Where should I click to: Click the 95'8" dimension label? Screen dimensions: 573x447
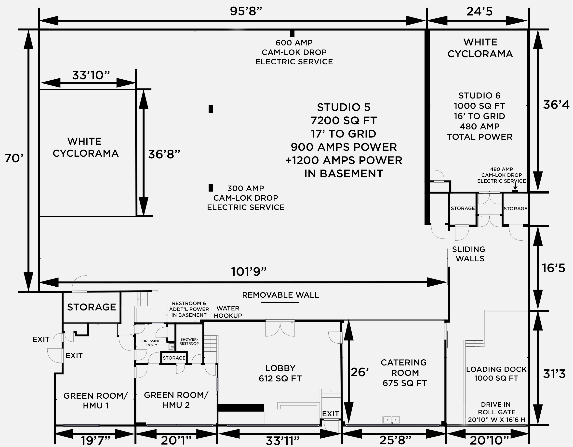pos(246,11)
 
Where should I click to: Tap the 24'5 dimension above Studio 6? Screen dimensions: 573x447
pos(479,12)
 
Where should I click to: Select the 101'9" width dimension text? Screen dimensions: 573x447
pos(249,272)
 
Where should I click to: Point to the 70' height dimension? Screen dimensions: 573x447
pos(14,158)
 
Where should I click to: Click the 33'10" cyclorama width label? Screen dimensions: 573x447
pos(91,75)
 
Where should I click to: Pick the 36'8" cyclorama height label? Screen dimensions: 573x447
pos(164,154)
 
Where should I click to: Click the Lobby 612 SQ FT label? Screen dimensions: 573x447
pos(280,373)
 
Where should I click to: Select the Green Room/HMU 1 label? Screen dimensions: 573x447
pos(95,401)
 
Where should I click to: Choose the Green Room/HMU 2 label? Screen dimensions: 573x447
pos(176,400)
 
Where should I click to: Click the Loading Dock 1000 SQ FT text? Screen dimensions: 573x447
pos(496,374)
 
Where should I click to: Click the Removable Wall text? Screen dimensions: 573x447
pos(280,295)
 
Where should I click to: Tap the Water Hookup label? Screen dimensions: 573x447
pos(228,312)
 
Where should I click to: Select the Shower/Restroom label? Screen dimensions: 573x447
pos(189,341)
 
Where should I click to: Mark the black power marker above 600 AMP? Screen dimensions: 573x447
pos(292,33)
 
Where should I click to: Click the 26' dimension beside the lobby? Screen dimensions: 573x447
pos(360,372)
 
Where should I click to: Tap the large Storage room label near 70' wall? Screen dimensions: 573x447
pos(92,307)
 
